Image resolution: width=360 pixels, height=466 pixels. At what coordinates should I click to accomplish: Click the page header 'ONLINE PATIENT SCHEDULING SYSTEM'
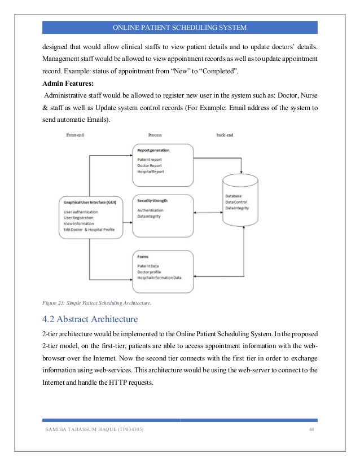(179, 28)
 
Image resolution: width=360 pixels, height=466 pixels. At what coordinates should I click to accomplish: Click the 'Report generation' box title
(153, 151)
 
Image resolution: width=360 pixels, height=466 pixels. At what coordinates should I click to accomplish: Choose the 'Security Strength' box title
(152, 201)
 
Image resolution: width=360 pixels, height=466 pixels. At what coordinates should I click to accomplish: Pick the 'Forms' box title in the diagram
(143, 256)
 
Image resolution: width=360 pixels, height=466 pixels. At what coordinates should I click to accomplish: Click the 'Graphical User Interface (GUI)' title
(90, 202)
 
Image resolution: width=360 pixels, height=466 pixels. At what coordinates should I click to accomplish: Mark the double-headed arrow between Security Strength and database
(208, 213)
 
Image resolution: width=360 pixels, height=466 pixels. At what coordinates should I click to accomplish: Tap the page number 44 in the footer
(311, 430)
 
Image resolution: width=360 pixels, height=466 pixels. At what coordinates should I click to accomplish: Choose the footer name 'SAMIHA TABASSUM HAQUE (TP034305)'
(94, 430)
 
